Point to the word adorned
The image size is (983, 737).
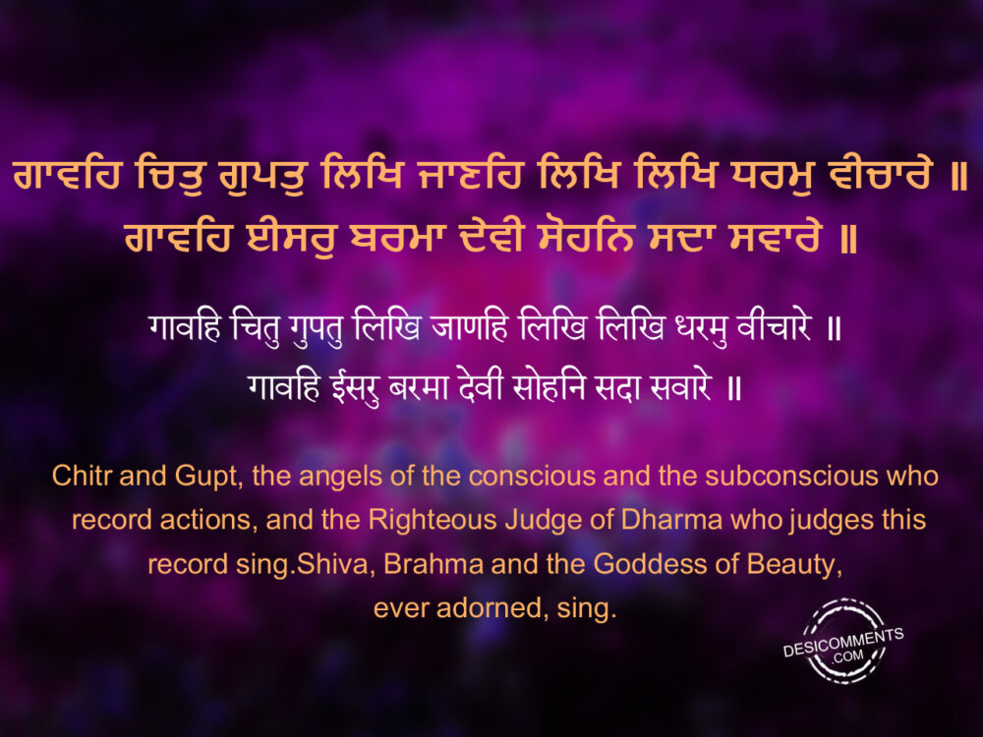point(489,608)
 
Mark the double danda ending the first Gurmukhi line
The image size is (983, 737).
point(958,176)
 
